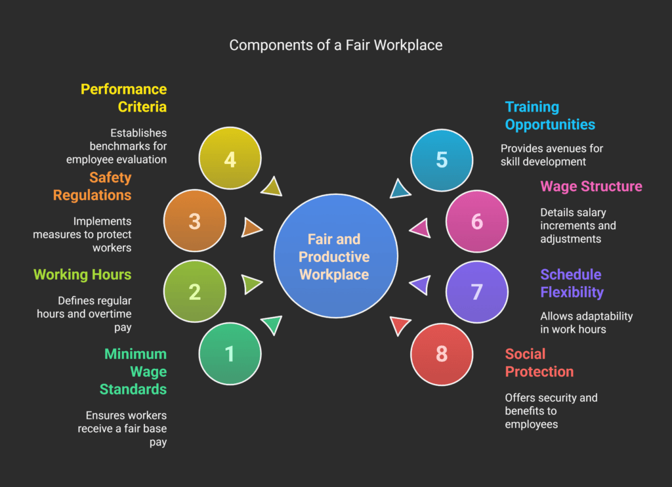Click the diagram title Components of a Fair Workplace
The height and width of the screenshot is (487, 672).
click(x=335, y=45)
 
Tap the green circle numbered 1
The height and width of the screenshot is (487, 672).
click(x=230, y=354)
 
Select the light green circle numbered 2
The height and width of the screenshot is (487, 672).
click(x=195, y=291)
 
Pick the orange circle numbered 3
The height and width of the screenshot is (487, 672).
click(x=195, y=221)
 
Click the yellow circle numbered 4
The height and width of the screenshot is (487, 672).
click(x=230, y=159)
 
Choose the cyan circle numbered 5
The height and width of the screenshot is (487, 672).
click(x=442, y=159)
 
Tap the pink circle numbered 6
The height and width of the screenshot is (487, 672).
click(x=477, y=221)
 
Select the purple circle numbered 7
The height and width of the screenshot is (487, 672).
click(x=477, y=291)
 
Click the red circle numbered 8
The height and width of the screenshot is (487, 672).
click(x=442, y=354)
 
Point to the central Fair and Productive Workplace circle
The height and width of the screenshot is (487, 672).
click(x=335, y=256)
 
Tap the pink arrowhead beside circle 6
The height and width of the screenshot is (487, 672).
click(x=420, y=228)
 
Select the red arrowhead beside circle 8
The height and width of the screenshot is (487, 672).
click(x=399, y=325)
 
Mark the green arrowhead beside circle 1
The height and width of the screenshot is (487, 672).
click(x=272, y=325)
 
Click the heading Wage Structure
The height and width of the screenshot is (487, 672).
click(x=591, y=186)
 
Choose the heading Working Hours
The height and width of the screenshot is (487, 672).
click(x=83, y=274)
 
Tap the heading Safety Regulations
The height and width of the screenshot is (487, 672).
click(x=92, y=186)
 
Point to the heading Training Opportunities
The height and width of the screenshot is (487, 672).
click(x=550, y=116)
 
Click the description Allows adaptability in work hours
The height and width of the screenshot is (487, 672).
click(x=586, y=322)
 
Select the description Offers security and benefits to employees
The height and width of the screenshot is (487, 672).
click(x=551, y=411)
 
